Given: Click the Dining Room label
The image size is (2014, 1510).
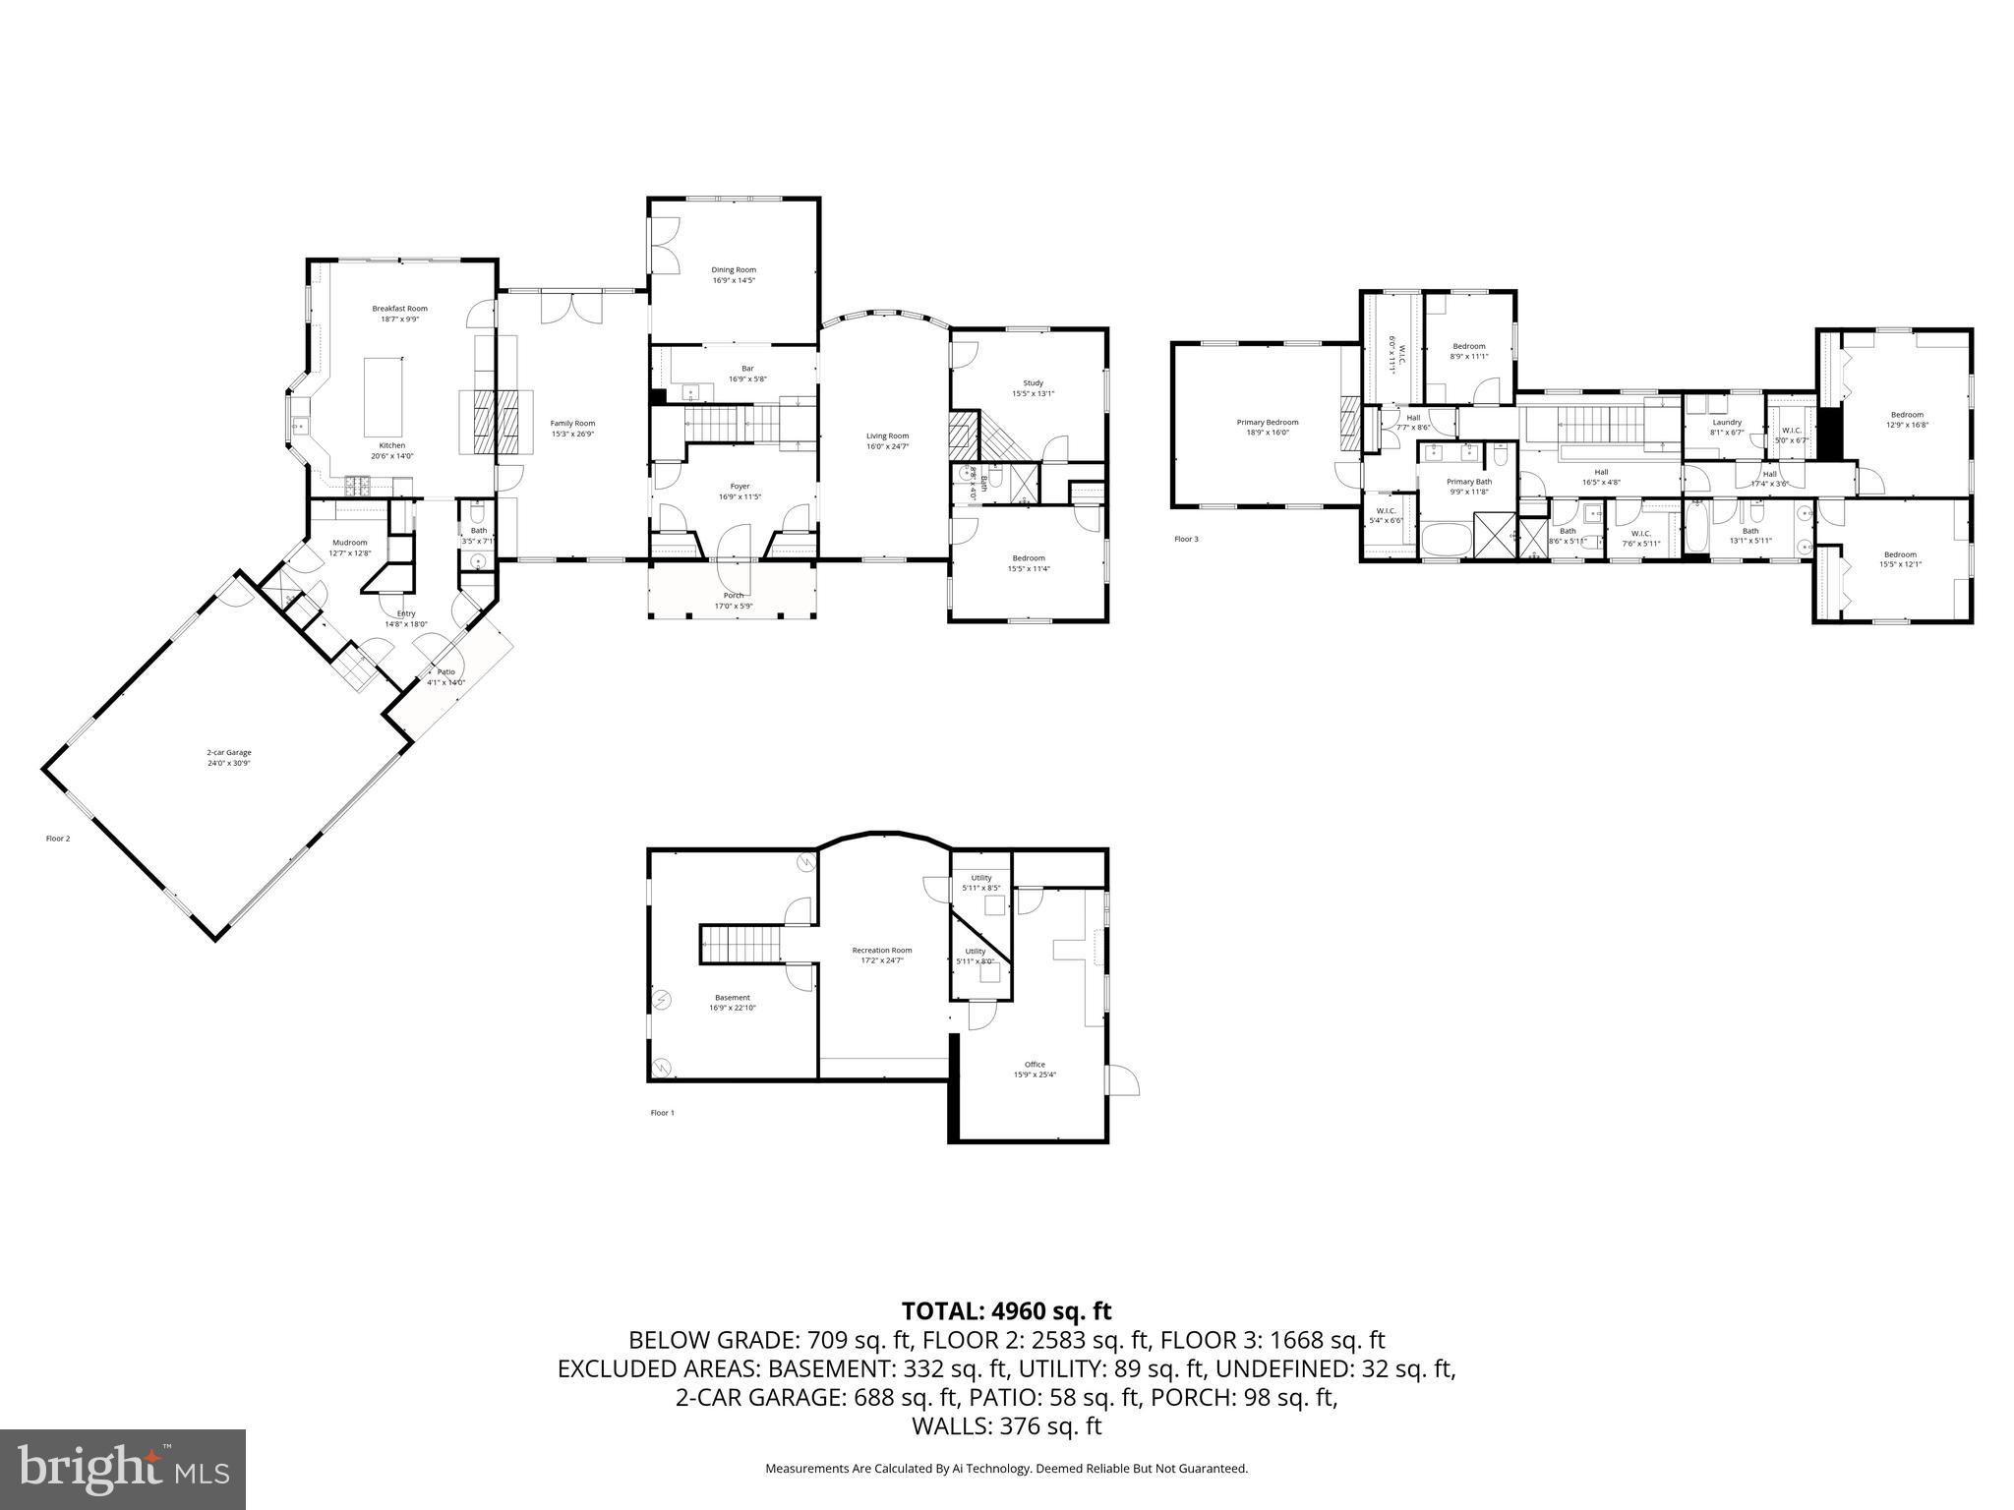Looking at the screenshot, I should tap(734, 269).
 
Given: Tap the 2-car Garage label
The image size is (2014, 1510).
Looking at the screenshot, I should tap(221, 752).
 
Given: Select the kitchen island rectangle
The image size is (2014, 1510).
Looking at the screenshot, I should tap(384, 397).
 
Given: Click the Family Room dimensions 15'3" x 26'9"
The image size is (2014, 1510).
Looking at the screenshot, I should tap(572, 434).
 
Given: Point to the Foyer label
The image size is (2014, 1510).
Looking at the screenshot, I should tap(740, 486).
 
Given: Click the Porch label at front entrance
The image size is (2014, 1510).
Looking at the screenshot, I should tap(734, 595).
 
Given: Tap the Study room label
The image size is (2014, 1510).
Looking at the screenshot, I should tap(1033, 383).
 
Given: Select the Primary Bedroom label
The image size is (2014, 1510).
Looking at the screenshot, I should tap(1268, 422).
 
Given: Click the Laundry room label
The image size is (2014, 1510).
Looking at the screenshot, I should tap(1727, 423).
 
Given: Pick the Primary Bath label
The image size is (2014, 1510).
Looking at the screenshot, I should tap(1469, 482).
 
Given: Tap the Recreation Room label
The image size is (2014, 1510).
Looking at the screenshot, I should tap(882, 950).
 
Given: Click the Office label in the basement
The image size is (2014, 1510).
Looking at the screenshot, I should tap(1035, 1064).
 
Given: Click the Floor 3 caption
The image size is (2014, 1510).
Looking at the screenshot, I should tap(1186, 539).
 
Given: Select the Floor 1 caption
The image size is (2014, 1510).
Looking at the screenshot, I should tap(663, 1113).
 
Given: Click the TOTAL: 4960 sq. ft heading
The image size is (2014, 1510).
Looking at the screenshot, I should tap(1006, 1310).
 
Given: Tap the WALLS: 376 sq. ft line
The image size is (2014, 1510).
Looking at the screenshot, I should tap(1006, 1426).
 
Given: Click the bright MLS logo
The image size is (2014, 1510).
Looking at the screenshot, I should tap(123, 1470).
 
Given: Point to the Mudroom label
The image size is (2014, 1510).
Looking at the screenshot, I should tap(349, 543).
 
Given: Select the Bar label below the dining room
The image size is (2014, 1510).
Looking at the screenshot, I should tap(747, 368).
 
